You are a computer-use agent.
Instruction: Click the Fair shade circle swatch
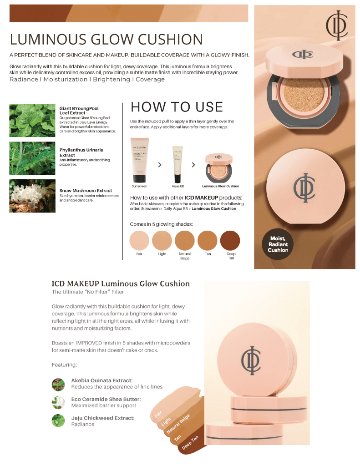[139, 241]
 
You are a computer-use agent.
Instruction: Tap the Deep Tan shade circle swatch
[230, 241]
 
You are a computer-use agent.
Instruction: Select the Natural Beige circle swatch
[185, 241]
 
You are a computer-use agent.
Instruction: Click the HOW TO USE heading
[177, 107]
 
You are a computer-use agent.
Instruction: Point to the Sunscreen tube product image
[139, 160]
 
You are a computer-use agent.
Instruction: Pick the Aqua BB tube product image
[177, 164]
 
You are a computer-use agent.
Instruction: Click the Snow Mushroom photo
[32, 196]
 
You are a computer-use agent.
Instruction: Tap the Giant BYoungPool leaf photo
[32, 121]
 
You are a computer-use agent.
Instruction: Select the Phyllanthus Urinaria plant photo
[32, 158]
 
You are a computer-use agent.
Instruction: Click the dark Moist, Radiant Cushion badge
[278, 244]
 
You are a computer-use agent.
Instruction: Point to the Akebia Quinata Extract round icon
[58, 385]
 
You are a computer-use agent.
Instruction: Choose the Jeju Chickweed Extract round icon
[58, 420]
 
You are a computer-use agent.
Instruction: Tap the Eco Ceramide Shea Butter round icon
[58, 402]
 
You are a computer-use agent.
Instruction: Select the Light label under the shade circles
[162, 254]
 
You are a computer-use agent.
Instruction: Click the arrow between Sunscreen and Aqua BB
[160, 165]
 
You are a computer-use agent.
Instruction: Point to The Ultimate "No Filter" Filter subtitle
[87, 292]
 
